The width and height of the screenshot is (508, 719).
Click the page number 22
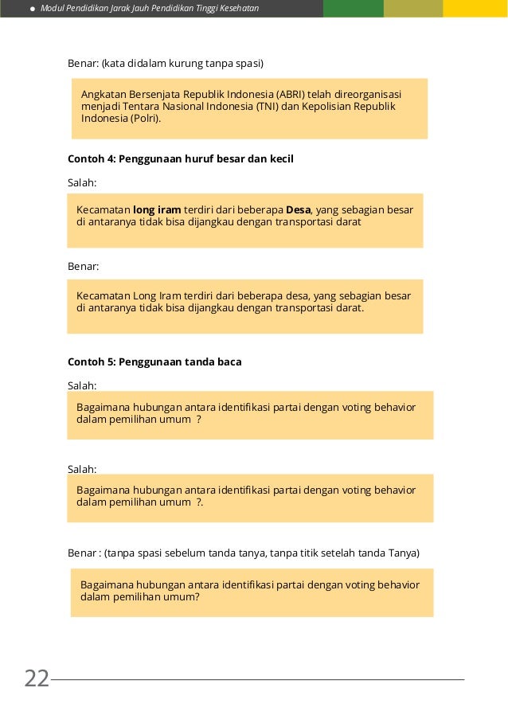tap(37, 678)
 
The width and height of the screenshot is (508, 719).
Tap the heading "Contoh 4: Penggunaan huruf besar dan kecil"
tap(181, 159)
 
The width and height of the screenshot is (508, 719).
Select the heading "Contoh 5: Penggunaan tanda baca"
tap(154, 361)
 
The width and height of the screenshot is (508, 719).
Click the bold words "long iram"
tap(157, 210)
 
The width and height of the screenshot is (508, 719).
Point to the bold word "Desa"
tap(298, 210)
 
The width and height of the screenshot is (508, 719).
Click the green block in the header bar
tap(353, 8)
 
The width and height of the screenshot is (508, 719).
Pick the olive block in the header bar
tap(412, 8)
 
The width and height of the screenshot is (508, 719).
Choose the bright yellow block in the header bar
tap(475, 8)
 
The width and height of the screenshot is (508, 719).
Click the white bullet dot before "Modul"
tap(33, 9)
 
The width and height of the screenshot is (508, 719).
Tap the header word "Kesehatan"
tap(238, 9)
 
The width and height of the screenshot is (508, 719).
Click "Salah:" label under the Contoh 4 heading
tap(82, 183)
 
